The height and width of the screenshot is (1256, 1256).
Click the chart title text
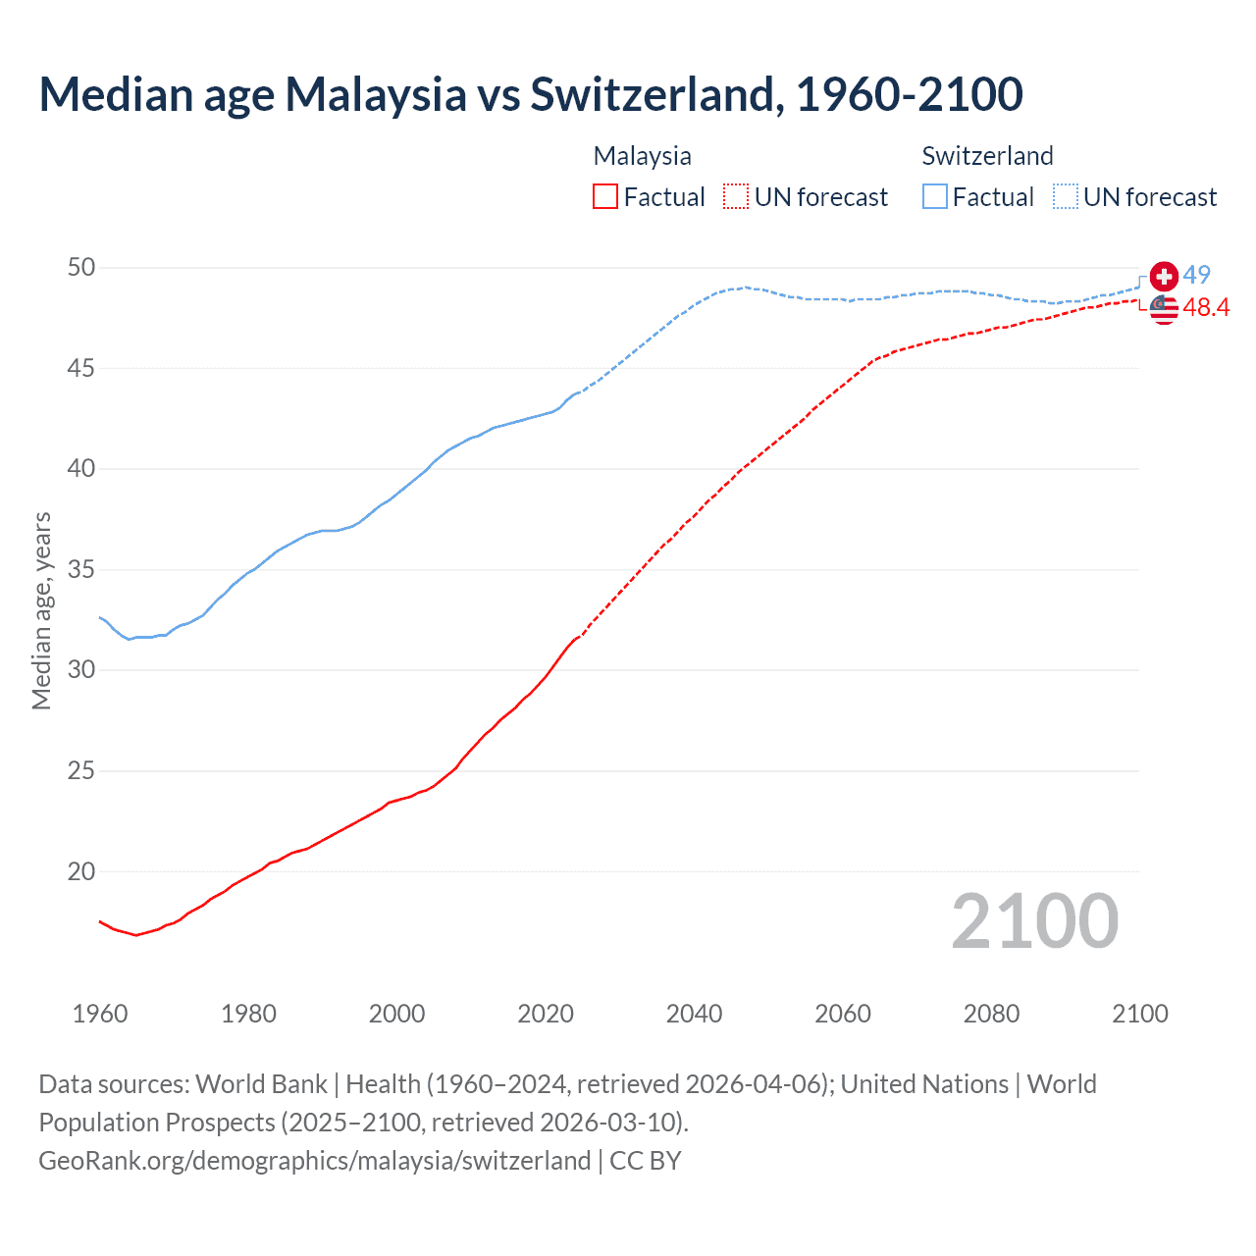(531, 94)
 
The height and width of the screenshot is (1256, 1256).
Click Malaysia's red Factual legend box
(605, 196)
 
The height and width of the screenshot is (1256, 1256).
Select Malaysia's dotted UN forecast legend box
(736, 196)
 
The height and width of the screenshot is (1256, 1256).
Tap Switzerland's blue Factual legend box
(935, 196)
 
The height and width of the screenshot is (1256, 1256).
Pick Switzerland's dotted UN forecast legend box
(1065, 196)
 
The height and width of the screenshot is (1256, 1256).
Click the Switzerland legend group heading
(987, 156)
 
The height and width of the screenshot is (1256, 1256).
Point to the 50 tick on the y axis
(81, 268)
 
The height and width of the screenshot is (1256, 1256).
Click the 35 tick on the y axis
(81, 569)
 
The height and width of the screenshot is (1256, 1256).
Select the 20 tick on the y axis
(81, 871)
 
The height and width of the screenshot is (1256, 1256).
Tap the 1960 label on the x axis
(100, 1014)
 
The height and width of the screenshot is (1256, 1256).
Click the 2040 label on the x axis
(694, 1014)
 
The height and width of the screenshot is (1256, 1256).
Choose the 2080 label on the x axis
(991, 1014)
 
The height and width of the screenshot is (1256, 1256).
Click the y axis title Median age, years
(41, 610)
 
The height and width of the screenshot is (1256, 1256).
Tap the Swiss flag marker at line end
(1164, 277)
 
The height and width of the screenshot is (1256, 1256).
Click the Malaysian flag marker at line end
(1164, 309)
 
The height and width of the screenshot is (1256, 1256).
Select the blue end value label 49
(1196, 275)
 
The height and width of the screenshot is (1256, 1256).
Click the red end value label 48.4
(1206, 308)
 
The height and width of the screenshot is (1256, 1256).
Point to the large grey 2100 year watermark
(1034, 920)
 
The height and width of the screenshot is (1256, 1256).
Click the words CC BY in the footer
(645, 1161)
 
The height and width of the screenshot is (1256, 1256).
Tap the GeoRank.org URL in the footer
(314, 1161)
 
